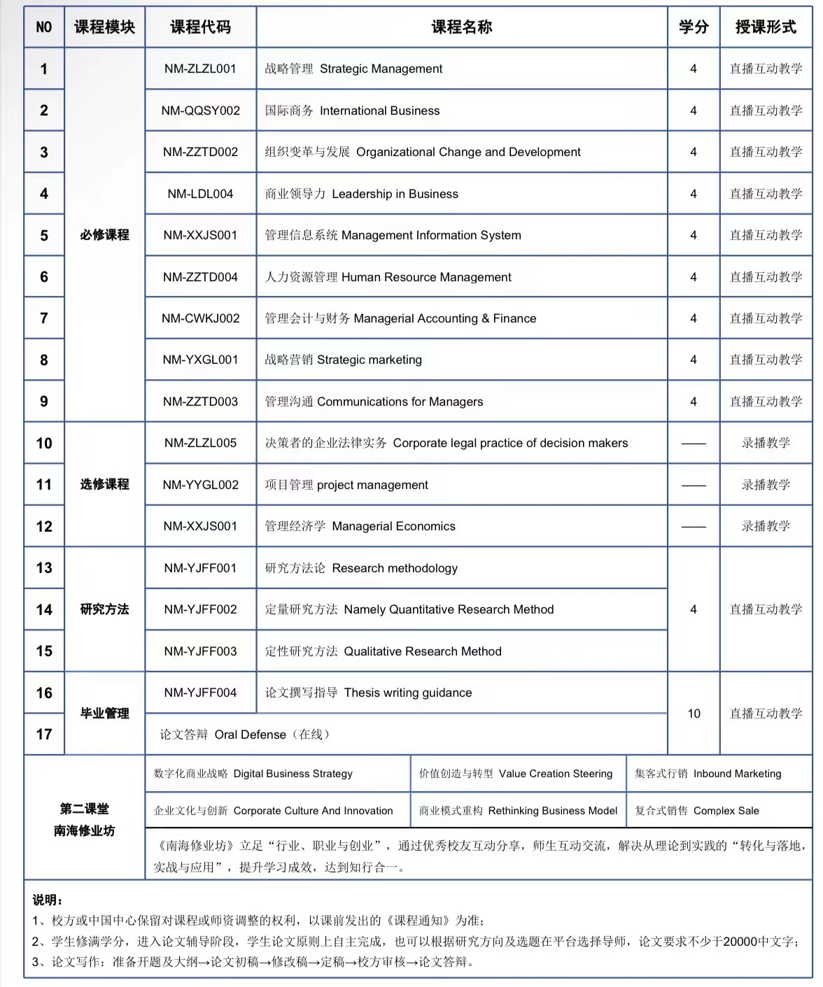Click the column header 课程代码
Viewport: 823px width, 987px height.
coord(200,27)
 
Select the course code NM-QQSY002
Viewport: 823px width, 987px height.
coord(200,111)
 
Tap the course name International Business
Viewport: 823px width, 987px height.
coord(353,111)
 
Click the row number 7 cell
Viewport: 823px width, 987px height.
coord(44,318)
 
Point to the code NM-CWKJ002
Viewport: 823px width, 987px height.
coord(200,318)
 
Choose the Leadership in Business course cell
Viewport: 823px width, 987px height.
coord(362,194)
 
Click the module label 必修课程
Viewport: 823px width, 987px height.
coord(104,235)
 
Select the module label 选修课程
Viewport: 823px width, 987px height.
coord(104,484)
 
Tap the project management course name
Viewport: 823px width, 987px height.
coord(346,485)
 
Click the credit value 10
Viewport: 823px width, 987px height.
coord(694,713)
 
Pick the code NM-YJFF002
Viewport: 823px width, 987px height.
coord(200,609)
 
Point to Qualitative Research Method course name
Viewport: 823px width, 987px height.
coord(384,651)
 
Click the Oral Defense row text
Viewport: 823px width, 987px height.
coord(244,734)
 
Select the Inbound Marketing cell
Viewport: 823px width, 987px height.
coord(708,774)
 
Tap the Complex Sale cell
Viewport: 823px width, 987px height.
coord(697,811)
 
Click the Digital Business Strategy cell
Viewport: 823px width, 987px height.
coord(253,774)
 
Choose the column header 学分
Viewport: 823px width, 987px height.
coord(694,27)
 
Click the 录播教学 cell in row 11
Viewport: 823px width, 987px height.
coord(766,485)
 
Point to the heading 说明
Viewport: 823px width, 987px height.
coord(48,900)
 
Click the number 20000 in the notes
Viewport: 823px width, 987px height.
coord(741,942)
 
